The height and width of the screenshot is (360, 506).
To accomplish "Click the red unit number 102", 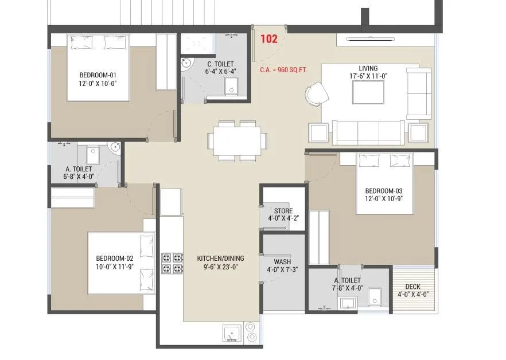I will point(270,40).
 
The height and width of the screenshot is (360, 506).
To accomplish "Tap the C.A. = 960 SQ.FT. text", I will point(283,71).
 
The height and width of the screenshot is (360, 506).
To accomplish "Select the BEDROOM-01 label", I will point(98,75).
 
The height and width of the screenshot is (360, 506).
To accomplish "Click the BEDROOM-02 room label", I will point(114,258).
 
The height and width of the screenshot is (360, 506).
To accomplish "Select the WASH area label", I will point(282,261).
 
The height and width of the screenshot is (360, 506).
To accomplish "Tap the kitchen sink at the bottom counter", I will point(232,332).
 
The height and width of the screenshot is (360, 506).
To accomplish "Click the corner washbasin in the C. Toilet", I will point(186,64).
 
